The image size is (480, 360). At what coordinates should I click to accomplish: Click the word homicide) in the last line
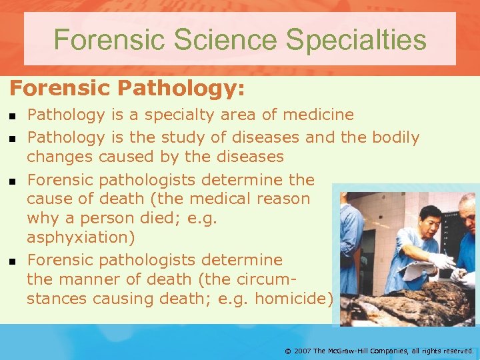point(293,299)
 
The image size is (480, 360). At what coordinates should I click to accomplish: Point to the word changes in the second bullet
point(60,157)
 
